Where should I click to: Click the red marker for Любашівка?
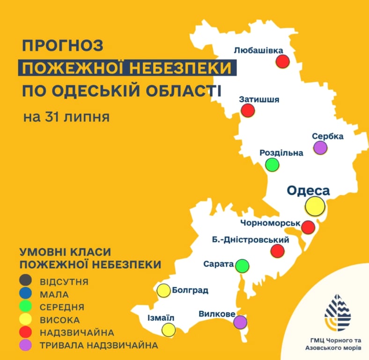tap(282, 61)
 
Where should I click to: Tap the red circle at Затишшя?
tap(248, 111)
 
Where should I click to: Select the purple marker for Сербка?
tap(320, 148)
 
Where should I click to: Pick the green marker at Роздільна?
tap(272, 165)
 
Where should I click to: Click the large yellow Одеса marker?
tap(315, 206)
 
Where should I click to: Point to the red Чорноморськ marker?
tap(308, 227)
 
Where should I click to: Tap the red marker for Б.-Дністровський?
tap(278, 251)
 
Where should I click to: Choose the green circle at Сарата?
tap(242, 266)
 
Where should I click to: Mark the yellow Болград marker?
tap(163, 291)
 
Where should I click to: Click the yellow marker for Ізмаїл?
tap(168, 330)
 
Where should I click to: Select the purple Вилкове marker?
tap(240, 322)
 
